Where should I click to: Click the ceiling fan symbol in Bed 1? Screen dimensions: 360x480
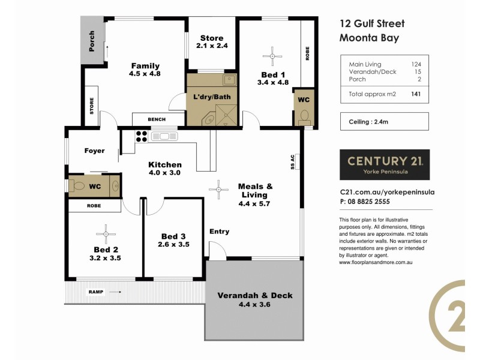point(274,56)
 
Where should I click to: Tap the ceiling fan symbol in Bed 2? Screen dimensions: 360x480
point(106,233)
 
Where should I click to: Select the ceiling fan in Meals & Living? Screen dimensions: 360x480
point(218,190)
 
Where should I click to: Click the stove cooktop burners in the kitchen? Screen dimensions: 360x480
point(142,136)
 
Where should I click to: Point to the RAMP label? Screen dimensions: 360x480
point(96,292)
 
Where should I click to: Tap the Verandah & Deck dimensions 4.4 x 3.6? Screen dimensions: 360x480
point(255,305)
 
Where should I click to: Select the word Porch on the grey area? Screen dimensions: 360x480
point(92,41)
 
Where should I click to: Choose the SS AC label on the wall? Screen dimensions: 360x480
point(292,161)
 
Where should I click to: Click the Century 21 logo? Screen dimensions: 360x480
point(385,164)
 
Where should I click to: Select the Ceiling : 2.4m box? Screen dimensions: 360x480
point(384,122)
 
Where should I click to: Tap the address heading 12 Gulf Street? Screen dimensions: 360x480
point(372,24)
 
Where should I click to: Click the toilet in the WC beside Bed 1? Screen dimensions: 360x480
point(304,115)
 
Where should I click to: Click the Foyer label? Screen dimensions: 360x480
point(94,151)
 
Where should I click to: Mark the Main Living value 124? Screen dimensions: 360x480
point(415,64)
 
